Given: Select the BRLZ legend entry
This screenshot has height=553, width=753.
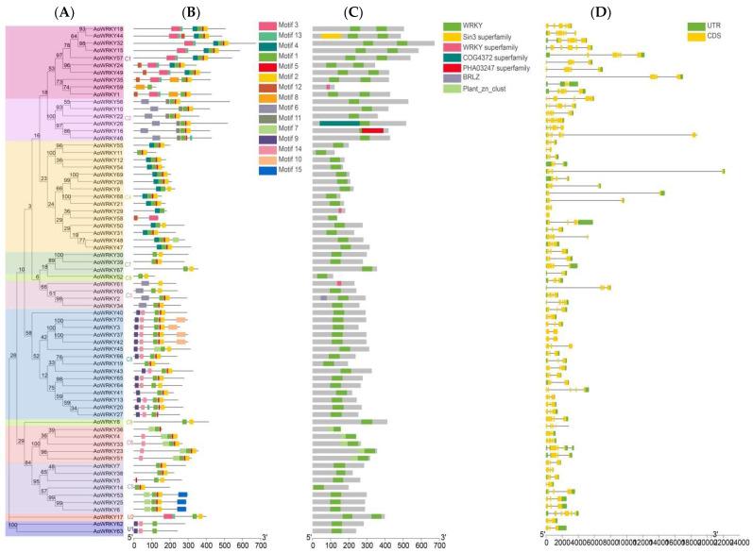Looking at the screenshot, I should tap(463, 79).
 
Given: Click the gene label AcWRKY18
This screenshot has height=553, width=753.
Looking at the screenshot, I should tap(109, 28).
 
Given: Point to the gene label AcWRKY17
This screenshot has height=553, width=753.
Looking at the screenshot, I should tap(109, 516).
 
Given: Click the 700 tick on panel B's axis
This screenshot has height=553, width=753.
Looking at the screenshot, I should tap(260, 544).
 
